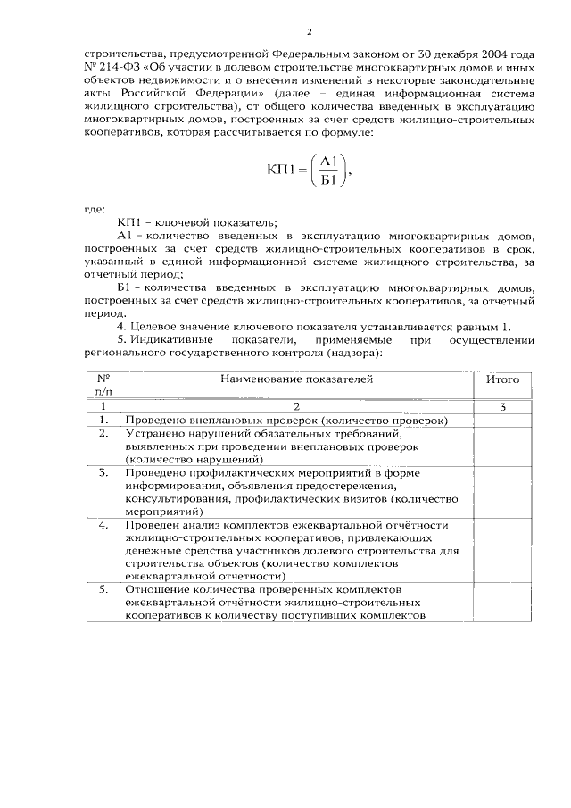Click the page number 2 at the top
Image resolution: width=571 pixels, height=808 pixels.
click(309, 34)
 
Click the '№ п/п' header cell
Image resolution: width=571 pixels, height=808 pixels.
click(102, 385)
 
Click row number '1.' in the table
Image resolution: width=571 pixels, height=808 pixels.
click(103, 420)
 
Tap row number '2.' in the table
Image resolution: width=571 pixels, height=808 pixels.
click(103, 433)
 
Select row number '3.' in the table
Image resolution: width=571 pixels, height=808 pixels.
click(103, 471)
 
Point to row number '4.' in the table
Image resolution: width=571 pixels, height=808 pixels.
click(103, 525)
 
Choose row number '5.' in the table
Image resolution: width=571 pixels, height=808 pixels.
click(103, 590)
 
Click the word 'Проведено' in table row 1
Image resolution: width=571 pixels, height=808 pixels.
click(153, 420)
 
